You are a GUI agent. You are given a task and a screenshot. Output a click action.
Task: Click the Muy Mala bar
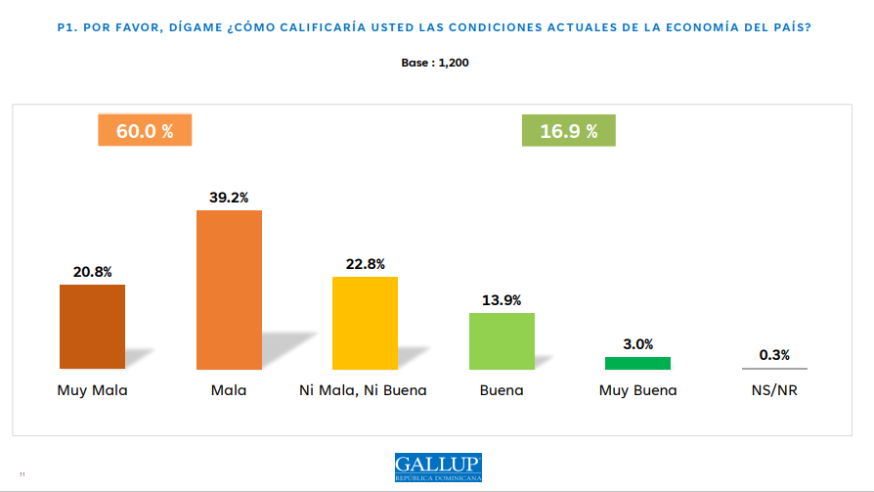pos(92,327)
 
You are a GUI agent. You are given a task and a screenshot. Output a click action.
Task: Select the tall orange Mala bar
pos(229,290)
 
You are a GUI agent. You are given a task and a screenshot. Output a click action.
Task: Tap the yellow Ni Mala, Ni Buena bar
pos(365,323)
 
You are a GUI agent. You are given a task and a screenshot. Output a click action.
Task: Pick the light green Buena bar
pos(502,340)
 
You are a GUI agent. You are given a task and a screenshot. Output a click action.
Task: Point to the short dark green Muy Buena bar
pos(637,363)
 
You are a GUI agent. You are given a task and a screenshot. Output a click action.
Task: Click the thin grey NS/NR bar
pos(774,369)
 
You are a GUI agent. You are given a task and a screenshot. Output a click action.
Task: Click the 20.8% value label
pos(92,272)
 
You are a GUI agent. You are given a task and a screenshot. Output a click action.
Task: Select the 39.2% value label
pos(229,197)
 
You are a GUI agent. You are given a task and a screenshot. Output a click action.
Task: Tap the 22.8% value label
pos(365,263)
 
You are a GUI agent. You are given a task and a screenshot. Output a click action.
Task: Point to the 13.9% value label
pos(502,300)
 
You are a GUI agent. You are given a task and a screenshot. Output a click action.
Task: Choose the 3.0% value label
pos(637,343)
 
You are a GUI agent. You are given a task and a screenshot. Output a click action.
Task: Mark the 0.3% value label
pos(774,354)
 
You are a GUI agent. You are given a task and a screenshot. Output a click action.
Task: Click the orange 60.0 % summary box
pos(145,131)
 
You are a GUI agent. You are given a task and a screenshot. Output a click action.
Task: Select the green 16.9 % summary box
pos(569,131)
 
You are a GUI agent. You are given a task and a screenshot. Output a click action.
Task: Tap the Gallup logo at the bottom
pos(438,467)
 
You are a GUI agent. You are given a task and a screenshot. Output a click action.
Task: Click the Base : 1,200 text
pos(436,62)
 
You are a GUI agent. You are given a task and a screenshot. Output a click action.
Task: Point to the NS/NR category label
pos(774,390)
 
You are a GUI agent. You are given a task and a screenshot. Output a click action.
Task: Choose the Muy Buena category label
pos(637,390)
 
